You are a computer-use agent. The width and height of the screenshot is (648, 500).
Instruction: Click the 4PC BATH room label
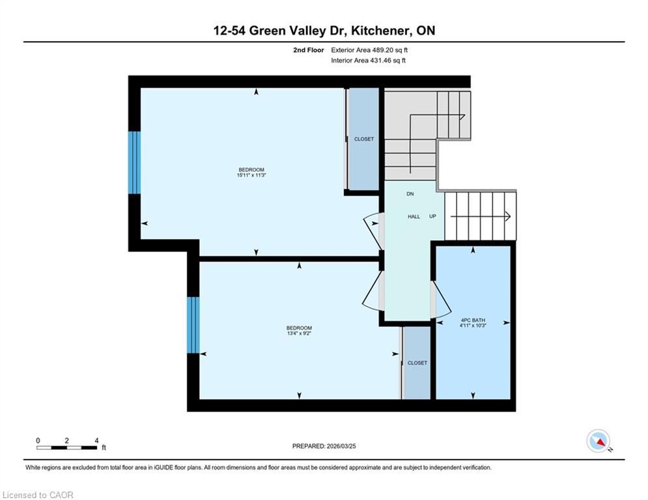tap(473, 320)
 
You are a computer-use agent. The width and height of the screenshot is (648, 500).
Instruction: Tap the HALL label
tap(414, 217)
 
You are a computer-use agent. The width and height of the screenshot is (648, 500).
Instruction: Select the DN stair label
tap(410, 194)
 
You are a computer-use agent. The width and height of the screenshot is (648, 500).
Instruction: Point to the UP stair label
tap(432, 217)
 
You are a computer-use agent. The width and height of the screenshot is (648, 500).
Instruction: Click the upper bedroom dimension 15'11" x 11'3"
tap(251, 174)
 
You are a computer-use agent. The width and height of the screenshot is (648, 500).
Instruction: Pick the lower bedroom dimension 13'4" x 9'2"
tap(299, 333)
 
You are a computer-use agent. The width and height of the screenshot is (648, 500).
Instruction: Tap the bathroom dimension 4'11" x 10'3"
tap(473, 326)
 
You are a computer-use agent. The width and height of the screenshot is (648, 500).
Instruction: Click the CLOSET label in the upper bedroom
tap(363, 139)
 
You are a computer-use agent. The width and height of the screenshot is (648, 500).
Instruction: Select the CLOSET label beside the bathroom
tap(417, 363)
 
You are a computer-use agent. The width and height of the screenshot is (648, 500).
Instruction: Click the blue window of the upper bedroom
tap(134, 162)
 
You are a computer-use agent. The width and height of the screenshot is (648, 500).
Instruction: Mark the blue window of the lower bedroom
tap(193, 325)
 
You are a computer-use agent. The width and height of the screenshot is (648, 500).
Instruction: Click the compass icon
tap(599, 441)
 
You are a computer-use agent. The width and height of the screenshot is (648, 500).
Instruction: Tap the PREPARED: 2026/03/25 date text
tap(324, 446)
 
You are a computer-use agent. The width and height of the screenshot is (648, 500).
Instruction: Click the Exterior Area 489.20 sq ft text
tap(369, 50)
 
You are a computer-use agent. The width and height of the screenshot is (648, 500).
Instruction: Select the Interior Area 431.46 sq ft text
tap(368, 61)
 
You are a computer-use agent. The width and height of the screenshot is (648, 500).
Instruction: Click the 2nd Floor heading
tap(308, 50)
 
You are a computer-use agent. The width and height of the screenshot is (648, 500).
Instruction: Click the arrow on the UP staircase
tap(480, 216)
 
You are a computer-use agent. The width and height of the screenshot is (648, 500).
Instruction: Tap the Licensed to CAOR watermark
tap(38, 495)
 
